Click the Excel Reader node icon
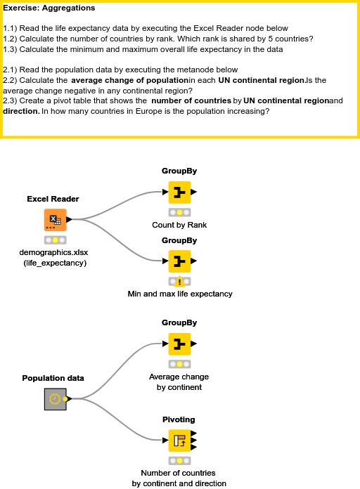pyautogui.click(x=56, y=220)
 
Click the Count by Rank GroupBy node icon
pyautogui.click(x=179, y=192)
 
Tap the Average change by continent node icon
pyautogui.click(x=179, y=344)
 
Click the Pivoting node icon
pyautogui.click(x=179, y=441)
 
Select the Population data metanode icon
pyautogui.click(x=54, y=399)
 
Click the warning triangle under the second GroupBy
pyautogui.click(x=179, y=282)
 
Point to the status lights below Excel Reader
pyautogui.click(x=56, y=240)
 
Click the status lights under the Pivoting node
pyautogui.click(x=179, y=460)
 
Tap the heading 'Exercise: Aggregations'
pyautogui.click(x=49, y=8)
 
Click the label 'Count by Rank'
pyautogui.click(x=179, y=225)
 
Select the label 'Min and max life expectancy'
pyautogui.click(x=179, y=294)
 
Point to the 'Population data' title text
pyautogui.click(x=53, y=378)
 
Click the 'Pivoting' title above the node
pyautogui.click(x=179, y=419)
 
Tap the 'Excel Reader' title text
pyautogui.click(x=53, y=199)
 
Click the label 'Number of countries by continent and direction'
pyautogui.click(x=179, y=478)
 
